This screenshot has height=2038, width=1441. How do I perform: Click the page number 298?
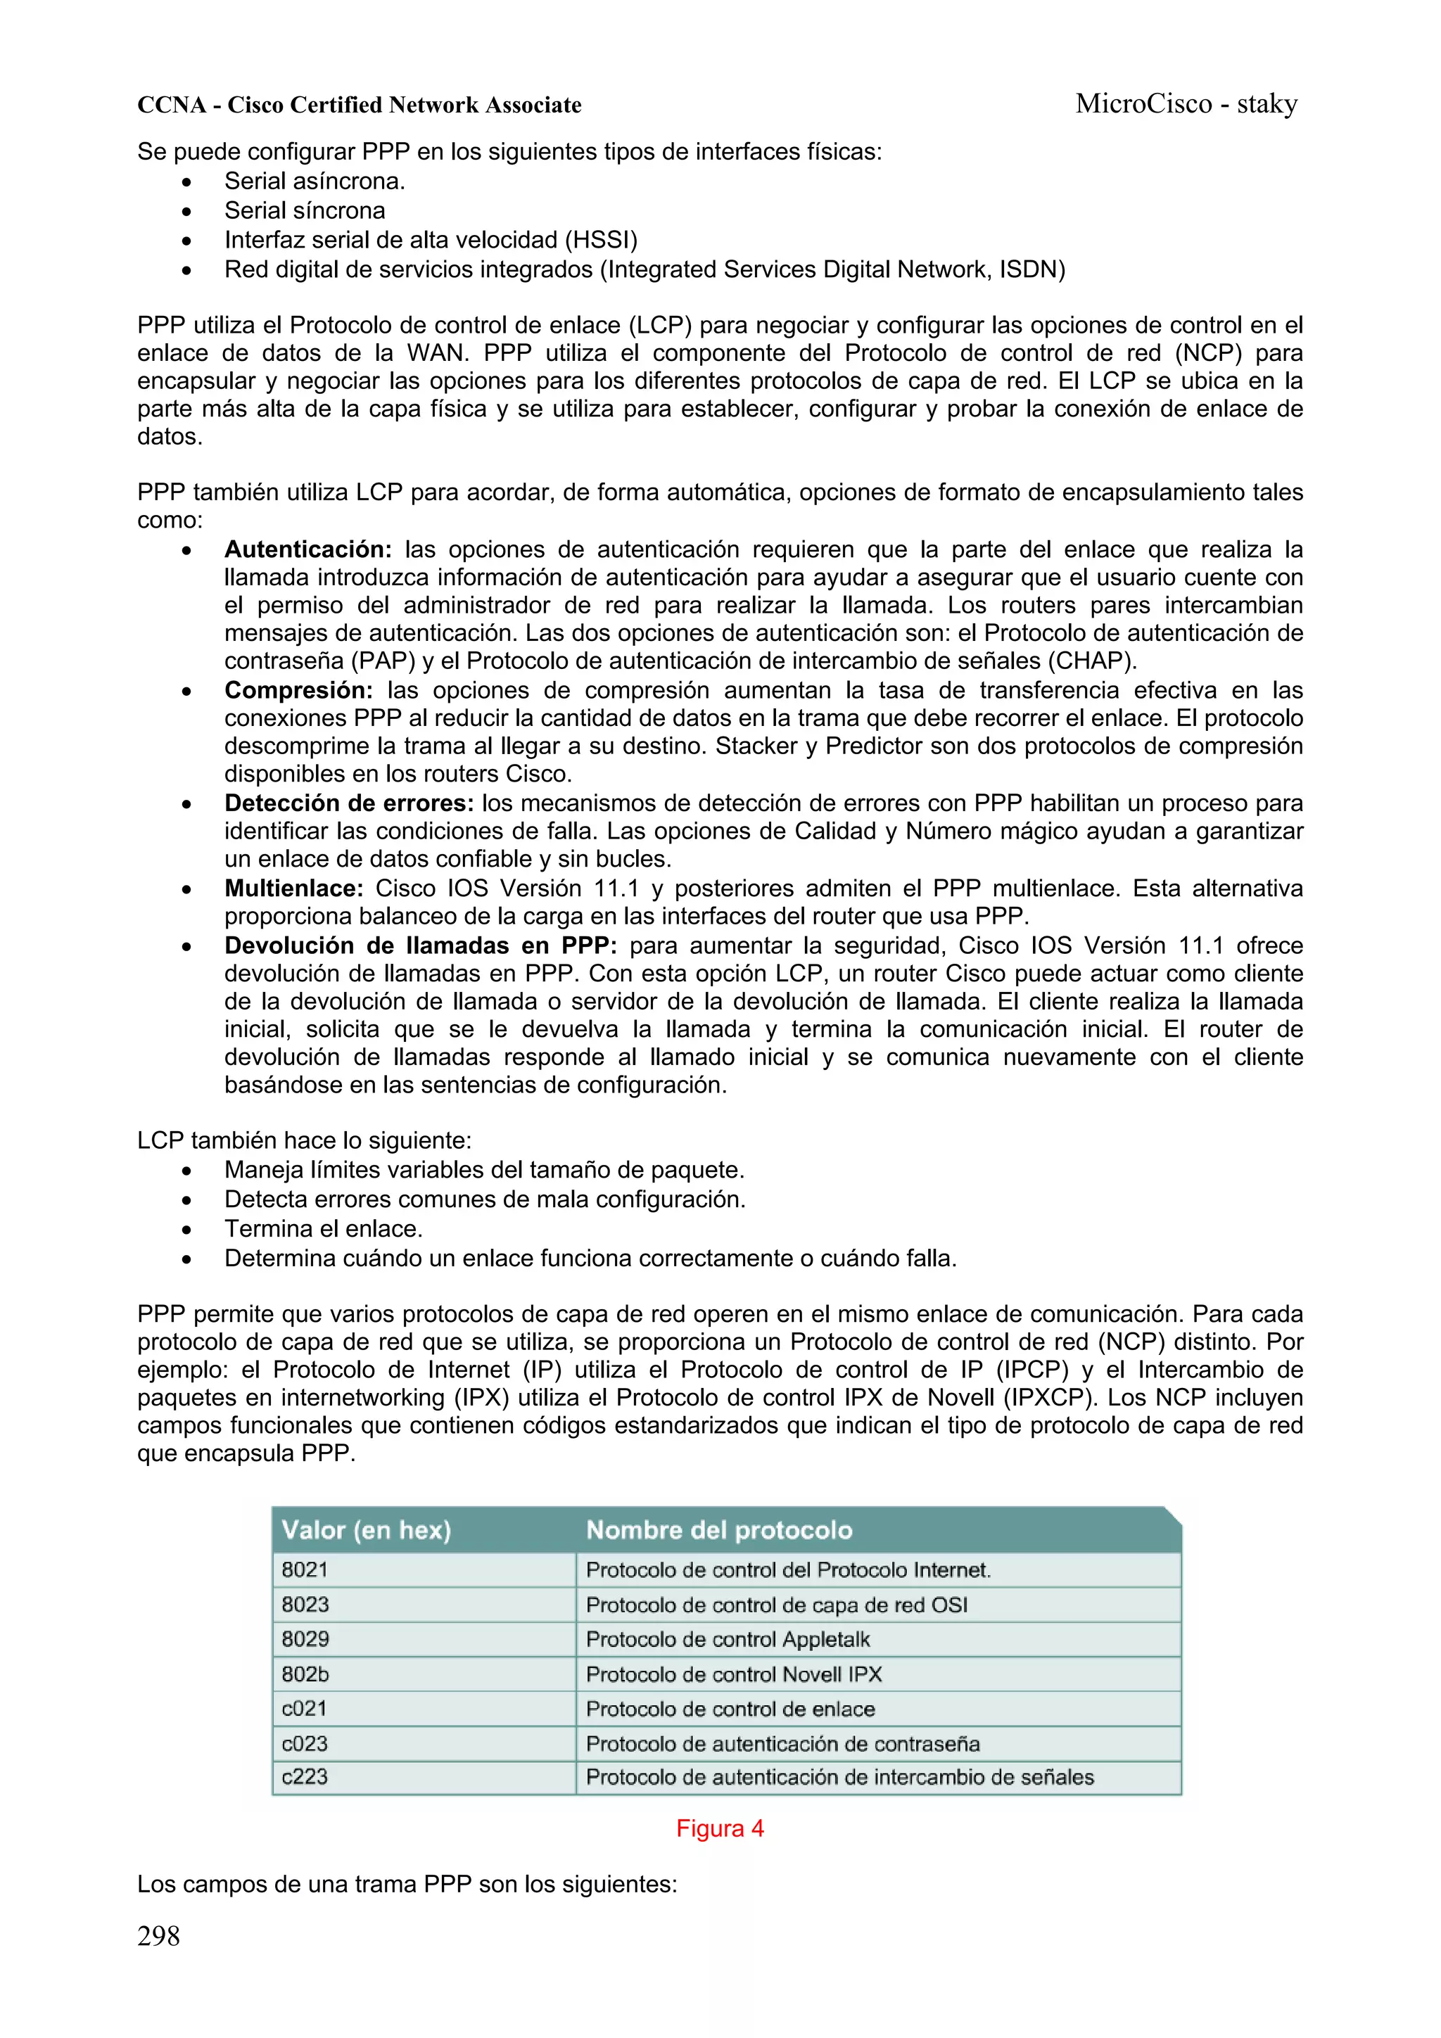click(x=158, y=1935)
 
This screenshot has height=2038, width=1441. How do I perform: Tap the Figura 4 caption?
click(x=719, y=1828)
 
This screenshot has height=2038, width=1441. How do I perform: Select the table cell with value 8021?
click(x=305, y=1569)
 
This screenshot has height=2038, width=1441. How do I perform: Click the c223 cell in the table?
click(x=305, y=1777)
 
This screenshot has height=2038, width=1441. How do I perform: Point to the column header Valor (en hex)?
click(x=366, y=1530)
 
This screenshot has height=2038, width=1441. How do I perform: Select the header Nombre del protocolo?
click(x=719, y=1530)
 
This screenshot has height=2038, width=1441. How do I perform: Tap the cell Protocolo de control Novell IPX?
click(x=733, y=1674)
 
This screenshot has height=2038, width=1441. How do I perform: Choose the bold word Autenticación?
click(x=307, y=549)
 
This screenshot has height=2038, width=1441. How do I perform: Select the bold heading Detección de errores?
click(x=349, y=803)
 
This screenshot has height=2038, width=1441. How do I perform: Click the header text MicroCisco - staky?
click(x=1186, y=104)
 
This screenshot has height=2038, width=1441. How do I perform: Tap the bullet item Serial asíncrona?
click(x=315, y=181)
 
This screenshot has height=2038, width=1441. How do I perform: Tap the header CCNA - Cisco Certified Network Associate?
click(x=359, y=105)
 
